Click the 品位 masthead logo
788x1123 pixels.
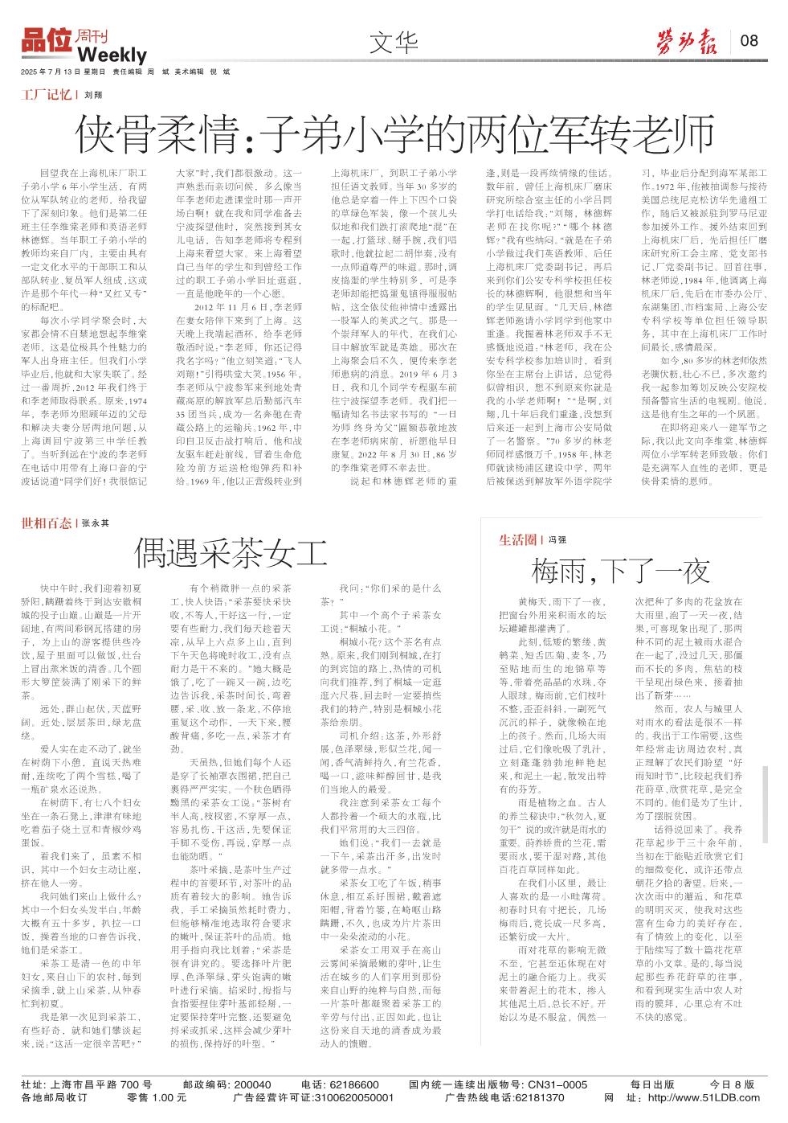(x=47, y=41)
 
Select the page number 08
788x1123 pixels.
(x=749, y=40)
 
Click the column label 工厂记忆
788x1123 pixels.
(x=46, y=95)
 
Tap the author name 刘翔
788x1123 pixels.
(x=93, y=95)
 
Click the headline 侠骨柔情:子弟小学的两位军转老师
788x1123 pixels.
(x=394, y=134)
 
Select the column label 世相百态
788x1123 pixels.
(x=46, y=523)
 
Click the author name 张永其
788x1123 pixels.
(x=95, y=523)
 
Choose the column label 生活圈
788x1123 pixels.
(x=516, y=539)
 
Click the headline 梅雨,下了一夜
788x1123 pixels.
(x=620, y=571)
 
